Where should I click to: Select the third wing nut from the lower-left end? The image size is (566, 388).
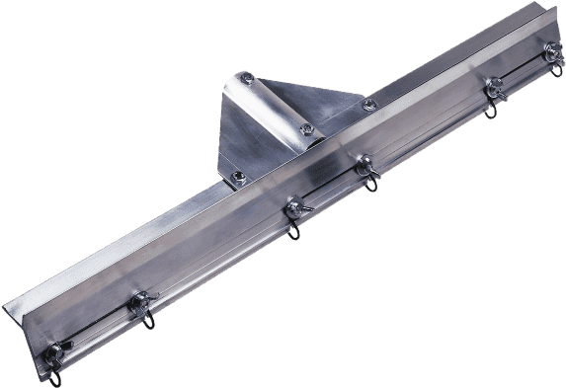click(293, 208)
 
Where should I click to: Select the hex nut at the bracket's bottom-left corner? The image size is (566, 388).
click(236, 178)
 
